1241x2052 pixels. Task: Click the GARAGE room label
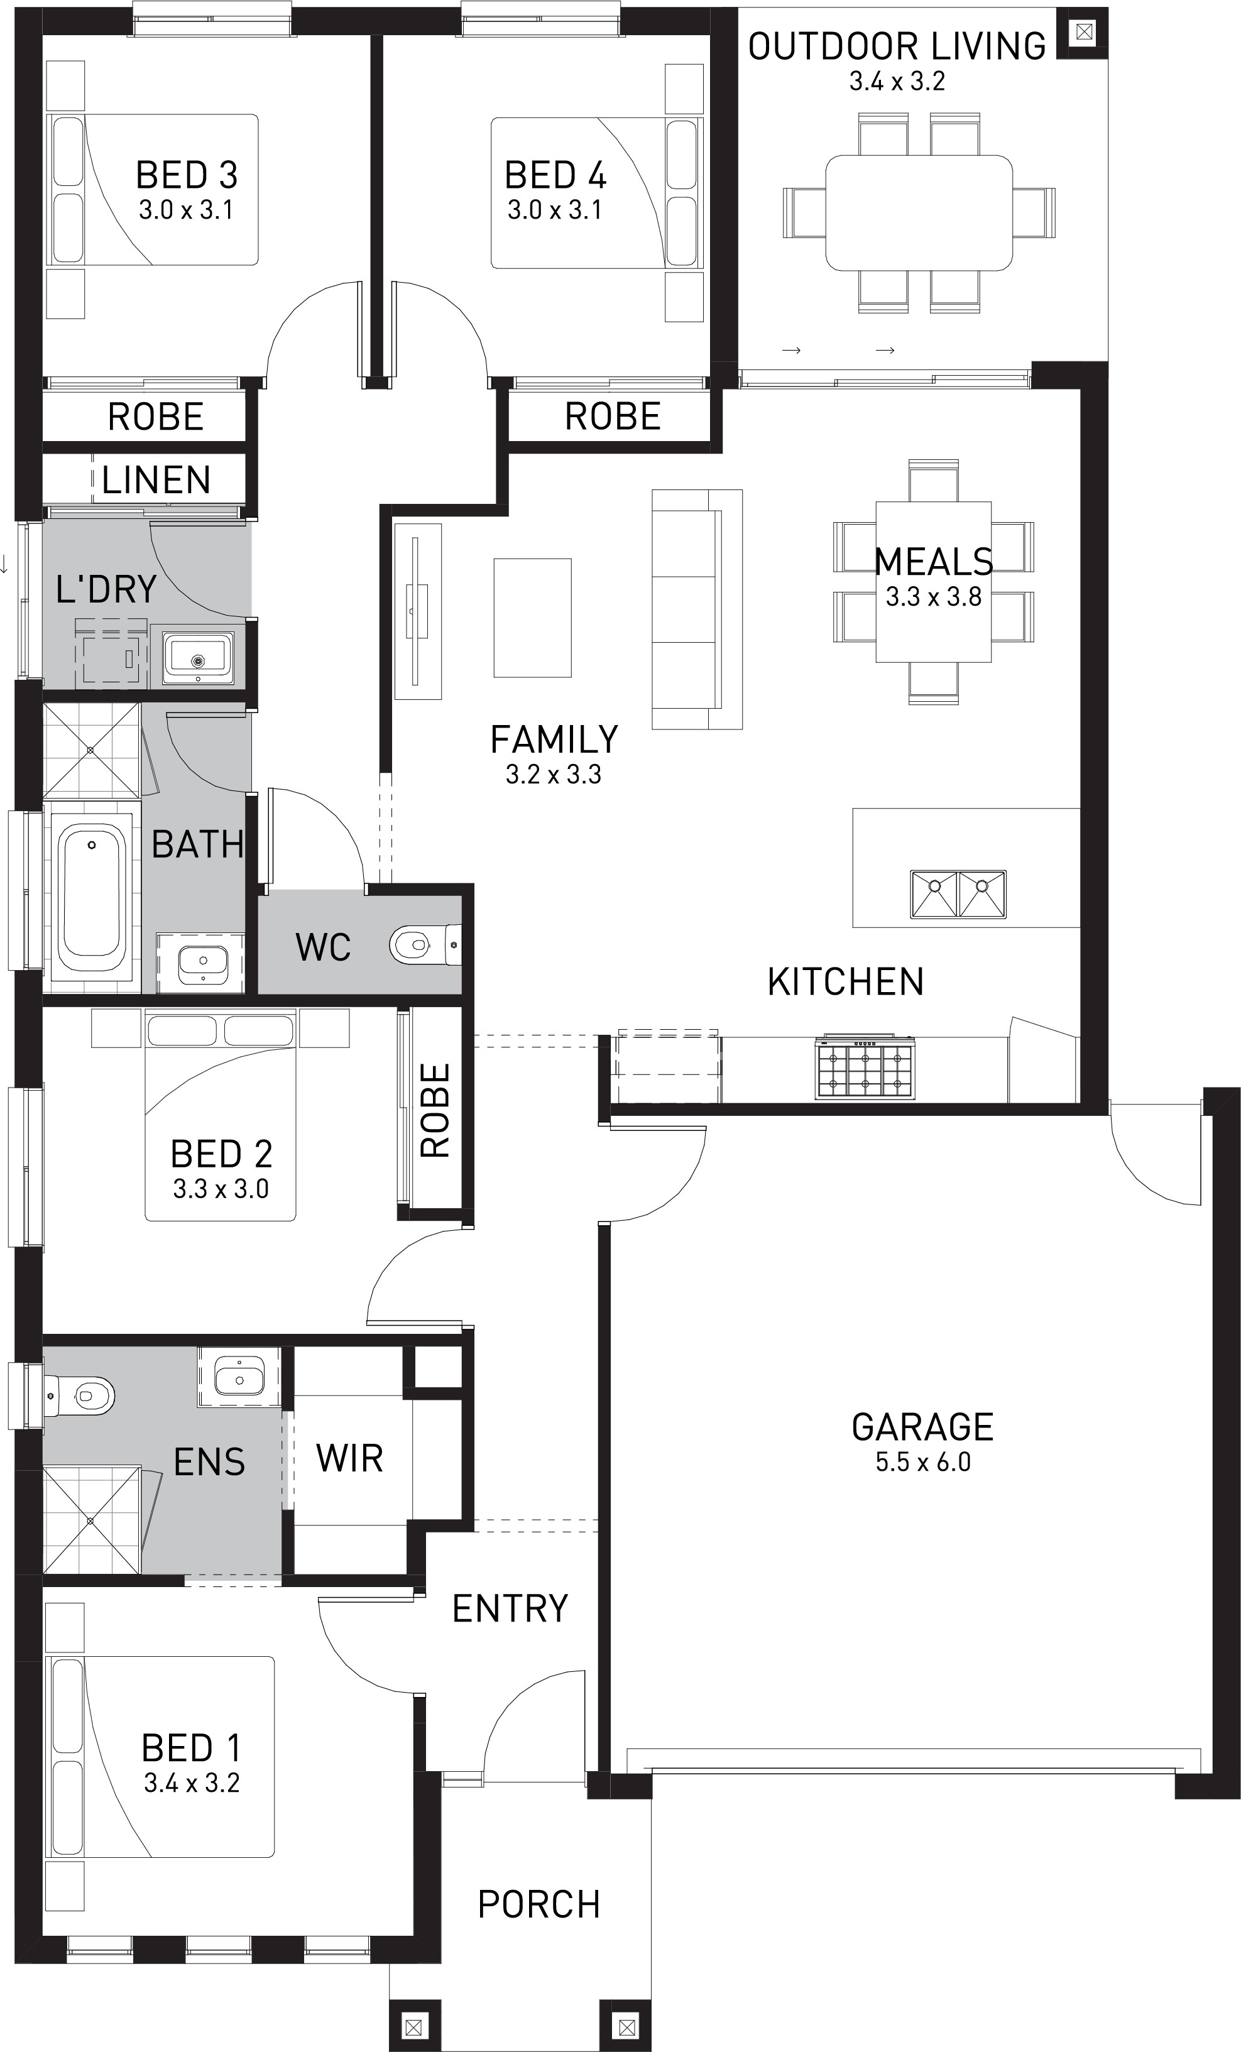[x=922, y=1427]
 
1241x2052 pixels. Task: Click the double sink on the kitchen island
[x=958, y=893]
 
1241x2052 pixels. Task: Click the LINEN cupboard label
[x=156, y=479]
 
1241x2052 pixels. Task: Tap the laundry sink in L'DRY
[x=197, y=658]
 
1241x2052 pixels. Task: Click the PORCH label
[x=539, y=1904]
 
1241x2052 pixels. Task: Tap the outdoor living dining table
[x=919, y=212]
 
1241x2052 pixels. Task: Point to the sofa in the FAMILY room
[x=696, y=609]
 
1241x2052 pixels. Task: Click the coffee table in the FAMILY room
[x=532, y=617]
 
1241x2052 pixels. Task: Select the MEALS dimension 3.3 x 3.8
[x=934, y=597]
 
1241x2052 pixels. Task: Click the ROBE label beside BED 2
[x=435, y=1110]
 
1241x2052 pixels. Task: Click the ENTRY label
[x=510, y=1608]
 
